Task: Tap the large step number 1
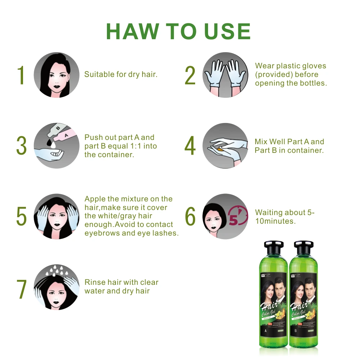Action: click(22, 75)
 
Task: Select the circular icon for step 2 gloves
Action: click(225, 75)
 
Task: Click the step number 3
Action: click(22, 146)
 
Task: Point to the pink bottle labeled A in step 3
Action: click(68, 136)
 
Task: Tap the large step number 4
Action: click(190, 146)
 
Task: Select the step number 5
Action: click(22, 216)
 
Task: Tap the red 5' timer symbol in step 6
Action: click(238, 217)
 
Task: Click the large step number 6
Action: click(190, 216)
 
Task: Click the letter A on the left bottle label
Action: click(265, 330)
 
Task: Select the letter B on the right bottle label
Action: click(295, 330)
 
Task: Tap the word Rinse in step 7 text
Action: click(94, 282)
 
